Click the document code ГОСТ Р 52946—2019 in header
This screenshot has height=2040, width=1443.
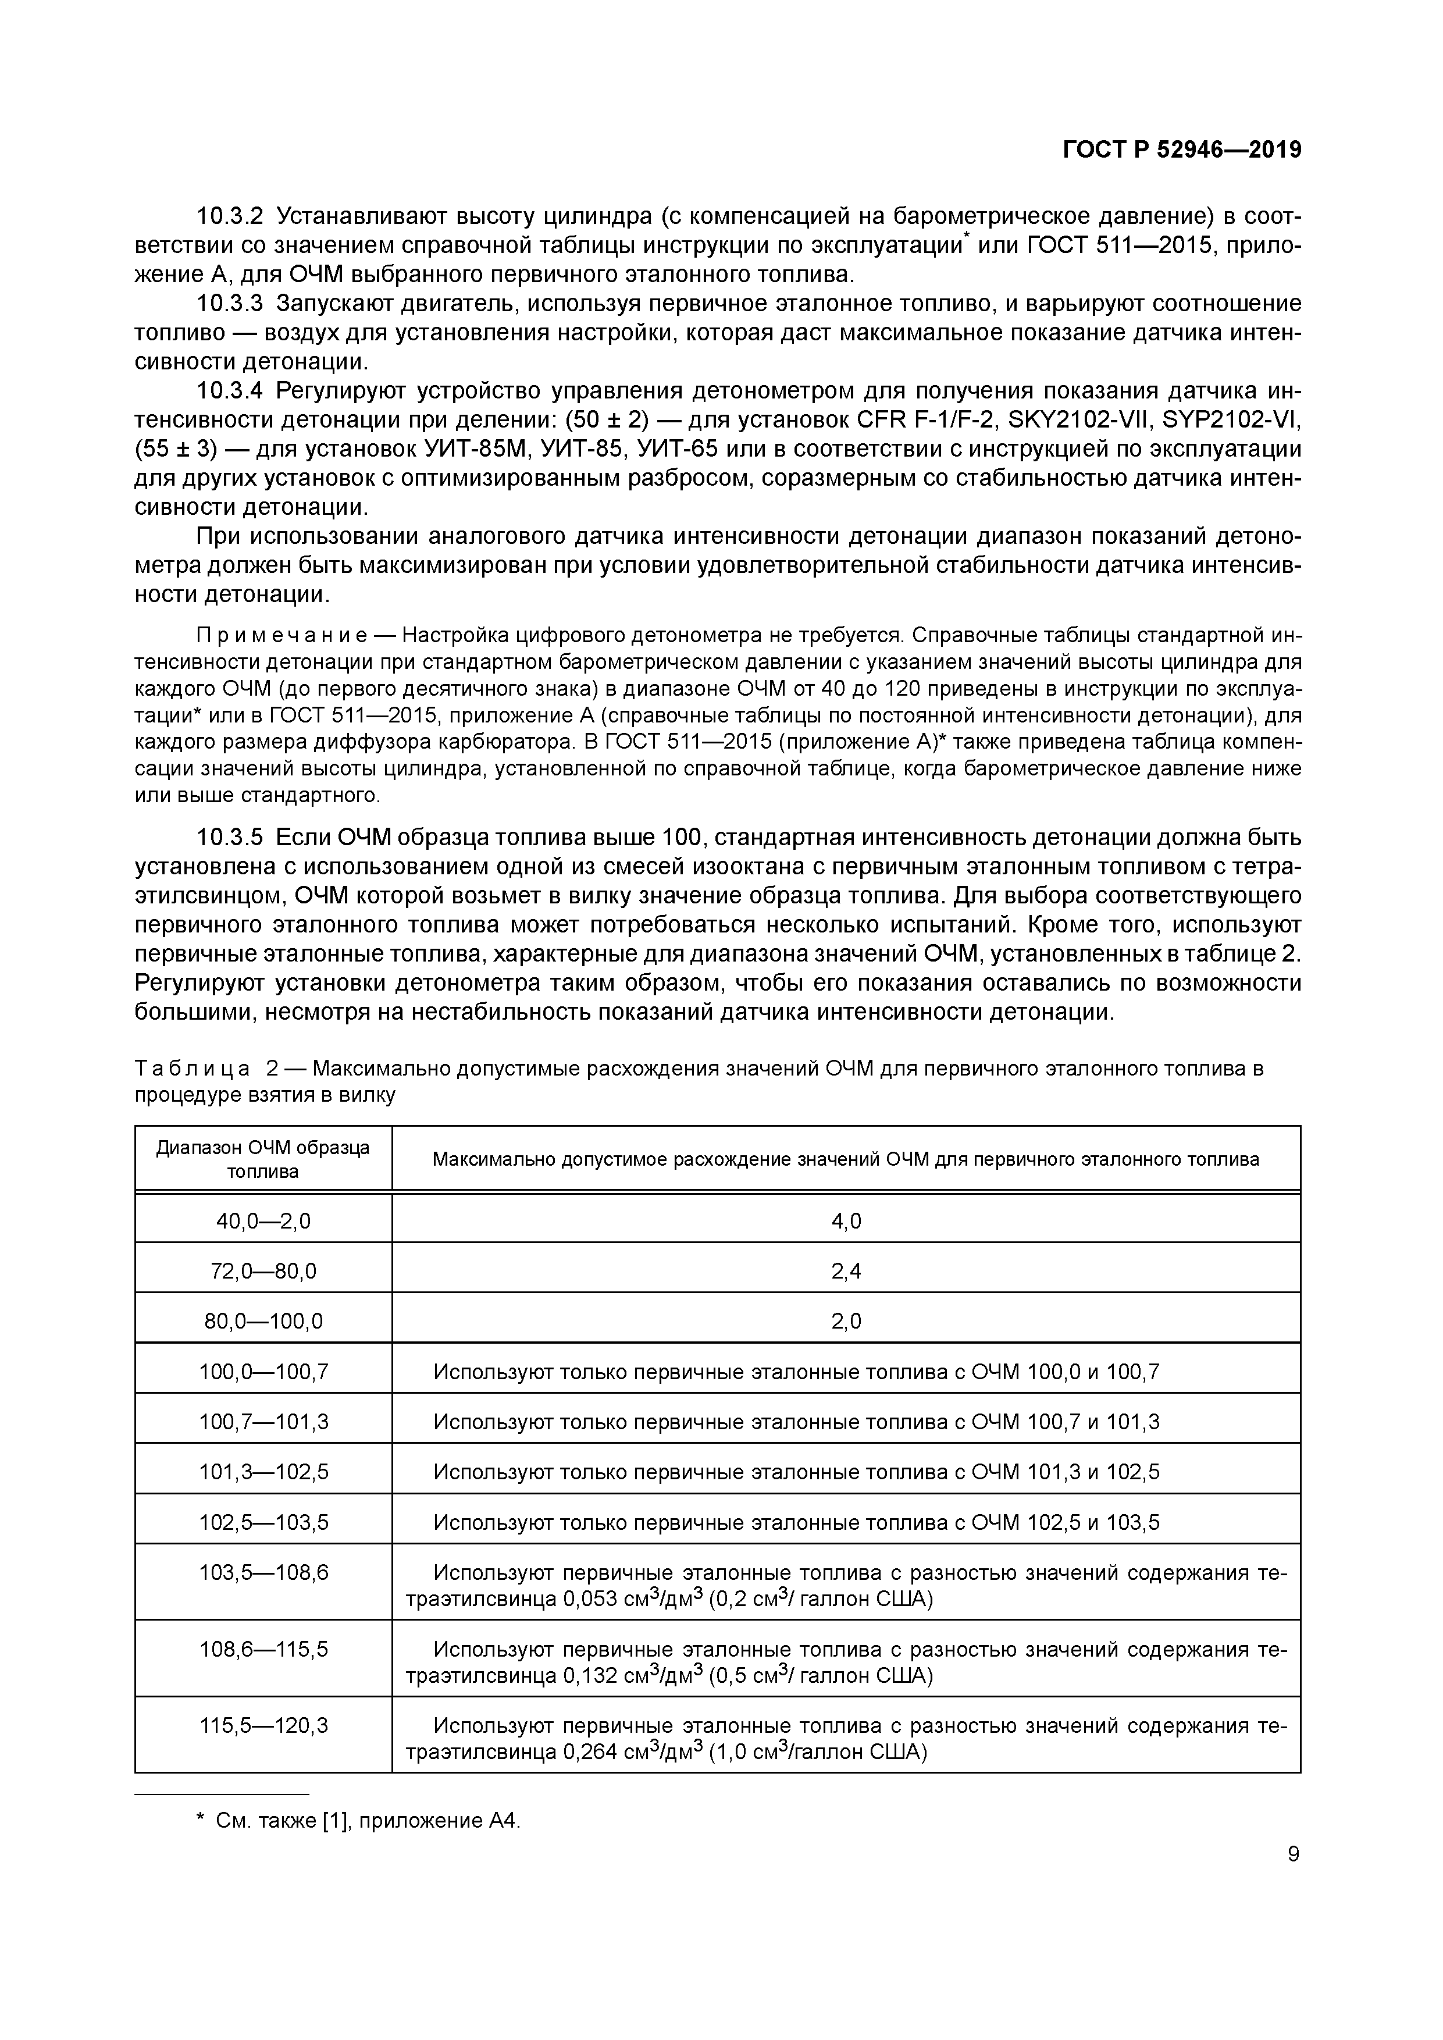click(x=1182, y=150)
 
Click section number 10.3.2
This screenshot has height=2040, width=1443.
click(x=229, y=216)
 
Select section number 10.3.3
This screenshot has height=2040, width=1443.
click(x=229, y=304)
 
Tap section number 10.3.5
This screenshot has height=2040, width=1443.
click(x=229, y=837)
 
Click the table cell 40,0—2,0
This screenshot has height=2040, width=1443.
click(x=263, y=1221)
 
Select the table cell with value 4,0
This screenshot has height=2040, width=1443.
click(x=846, y=1221)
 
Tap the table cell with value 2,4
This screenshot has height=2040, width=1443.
click(x=846, y=1272)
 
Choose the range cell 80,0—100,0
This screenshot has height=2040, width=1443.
click(x=263, y=1321)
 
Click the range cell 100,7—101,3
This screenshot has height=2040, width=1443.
click(x=263, y=1422)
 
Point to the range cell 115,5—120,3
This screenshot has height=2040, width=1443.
click(x=263, y=1725)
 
